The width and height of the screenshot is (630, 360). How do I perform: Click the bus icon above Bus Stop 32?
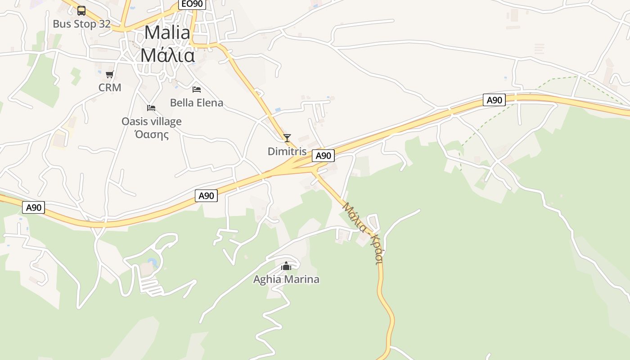81,10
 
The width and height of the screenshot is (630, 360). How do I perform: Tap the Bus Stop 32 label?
81,24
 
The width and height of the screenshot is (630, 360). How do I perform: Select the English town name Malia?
167,32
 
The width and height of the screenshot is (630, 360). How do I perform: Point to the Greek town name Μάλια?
167,55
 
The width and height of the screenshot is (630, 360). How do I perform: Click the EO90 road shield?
192,4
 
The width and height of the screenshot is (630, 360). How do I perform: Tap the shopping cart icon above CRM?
110,74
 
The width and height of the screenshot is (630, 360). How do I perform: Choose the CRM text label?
110,87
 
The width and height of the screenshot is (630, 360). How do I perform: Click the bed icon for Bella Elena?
197,90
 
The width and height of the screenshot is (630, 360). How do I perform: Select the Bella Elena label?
197,103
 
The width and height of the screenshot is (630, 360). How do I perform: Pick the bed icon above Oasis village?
151,108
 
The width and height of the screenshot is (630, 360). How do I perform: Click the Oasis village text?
152,121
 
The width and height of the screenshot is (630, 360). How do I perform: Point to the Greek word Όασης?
152,134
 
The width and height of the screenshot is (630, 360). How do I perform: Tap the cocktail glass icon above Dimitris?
287,138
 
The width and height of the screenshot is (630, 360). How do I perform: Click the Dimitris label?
287,152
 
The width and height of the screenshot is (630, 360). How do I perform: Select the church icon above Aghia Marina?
286,266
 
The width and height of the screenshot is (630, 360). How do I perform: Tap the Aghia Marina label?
286,279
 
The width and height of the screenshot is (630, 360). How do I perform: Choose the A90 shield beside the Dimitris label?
323,156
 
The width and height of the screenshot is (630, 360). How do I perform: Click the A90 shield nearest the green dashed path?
494,100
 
